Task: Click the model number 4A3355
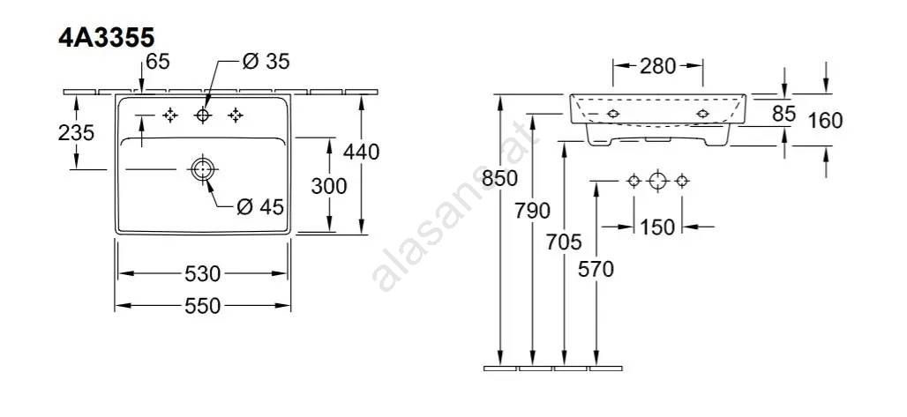(x=107, y=38)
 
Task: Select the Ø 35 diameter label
(x=266, y=62)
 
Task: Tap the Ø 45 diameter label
(x=261, y=206)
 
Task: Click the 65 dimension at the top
(x=157, y=62)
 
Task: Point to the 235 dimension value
(x=76, y=132)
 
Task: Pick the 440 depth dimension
(x=362, y=152)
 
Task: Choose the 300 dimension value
(x=328, y=186)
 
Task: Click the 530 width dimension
(x=202, y=273)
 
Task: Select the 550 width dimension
(x=202, y=305)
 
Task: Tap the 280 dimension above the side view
(x=657, y=66)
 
